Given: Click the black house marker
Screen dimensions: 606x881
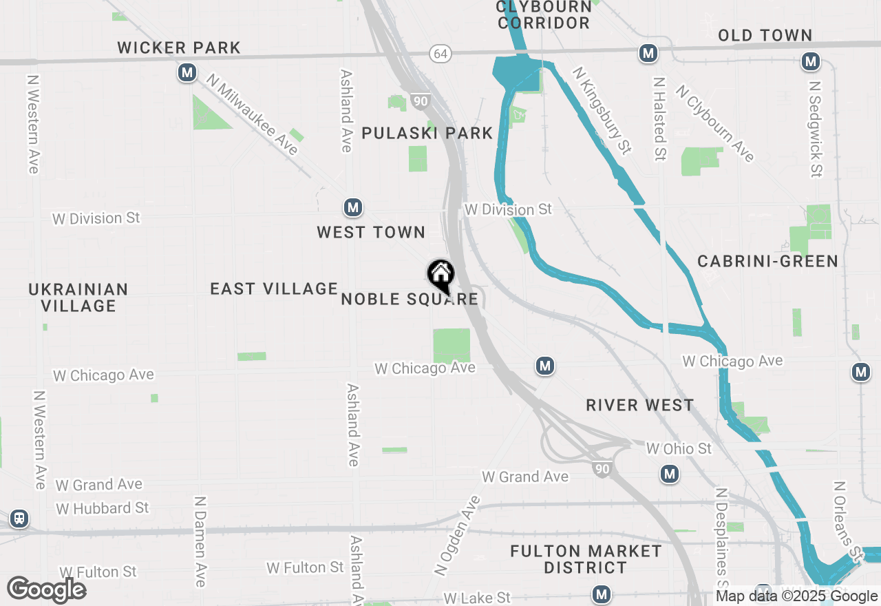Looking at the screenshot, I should coord(440,275).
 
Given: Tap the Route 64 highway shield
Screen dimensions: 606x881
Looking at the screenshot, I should coord(440,53).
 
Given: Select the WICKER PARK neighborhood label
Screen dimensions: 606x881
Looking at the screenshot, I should coord(179,48).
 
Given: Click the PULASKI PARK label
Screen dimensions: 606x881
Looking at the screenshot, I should coord(427,133).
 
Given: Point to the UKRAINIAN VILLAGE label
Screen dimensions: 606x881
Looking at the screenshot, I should coord(78,297).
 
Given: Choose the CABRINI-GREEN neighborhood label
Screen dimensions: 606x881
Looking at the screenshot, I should coord(767,261).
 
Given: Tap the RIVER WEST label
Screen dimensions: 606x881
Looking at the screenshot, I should coord(640,405).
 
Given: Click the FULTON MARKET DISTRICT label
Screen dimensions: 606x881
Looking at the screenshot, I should coord(586,559).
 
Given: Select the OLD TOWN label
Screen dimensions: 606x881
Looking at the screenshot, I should coord(765,35).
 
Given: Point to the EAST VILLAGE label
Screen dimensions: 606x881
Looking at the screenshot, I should coord(274,289).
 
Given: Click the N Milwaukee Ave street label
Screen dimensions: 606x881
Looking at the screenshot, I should coord(253,115).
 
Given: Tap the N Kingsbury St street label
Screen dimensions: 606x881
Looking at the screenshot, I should coord(602,110).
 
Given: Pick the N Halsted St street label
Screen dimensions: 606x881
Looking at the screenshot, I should coord(659,118).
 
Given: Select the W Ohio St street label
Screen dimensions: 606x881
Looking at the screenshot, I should coord(679,448).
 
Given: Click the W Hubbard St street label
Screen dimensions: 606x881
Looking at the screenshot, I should coord(103,508).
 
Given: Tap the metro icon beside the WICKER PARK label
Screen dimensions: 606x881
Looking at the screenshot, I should coord(187,72).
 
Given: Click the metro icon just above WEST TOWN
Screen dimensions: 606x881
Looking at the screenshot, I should coord(353,207).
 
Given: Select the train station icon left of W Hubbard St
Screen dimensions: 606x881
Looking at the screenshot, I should coord(19,519).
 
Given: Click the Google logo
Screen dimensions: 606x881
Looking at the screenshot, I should coord(46,589).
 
